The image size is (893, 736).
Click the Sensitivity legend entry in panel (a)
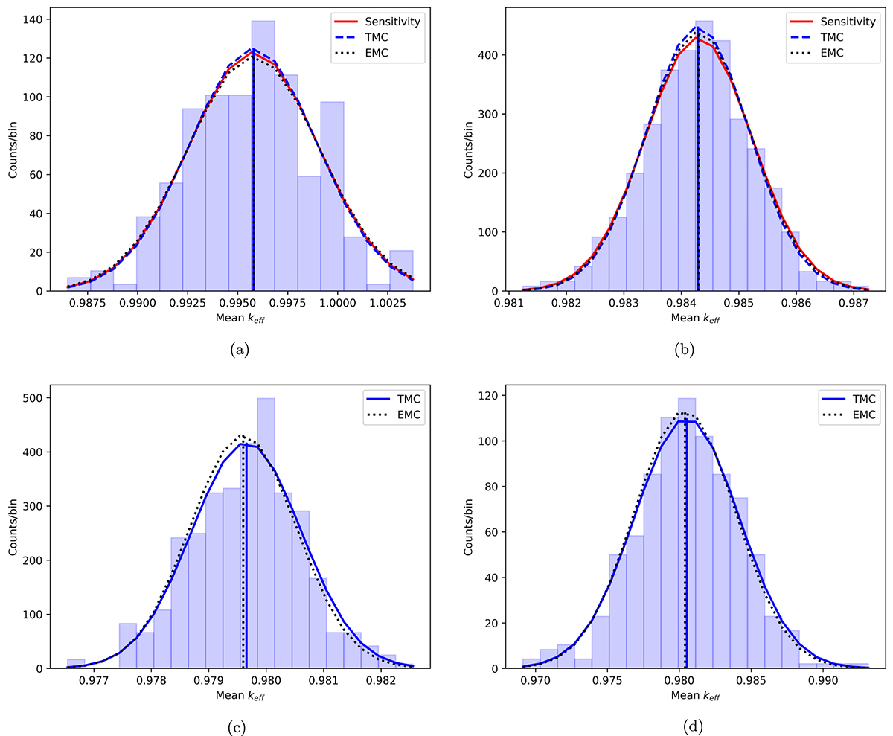click(x=396, y=22)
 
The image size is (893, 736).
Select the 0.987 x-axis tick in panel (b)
click(x=854, y=304)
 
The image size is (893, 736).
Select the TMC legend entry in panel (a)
click(x=396, y=37)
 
